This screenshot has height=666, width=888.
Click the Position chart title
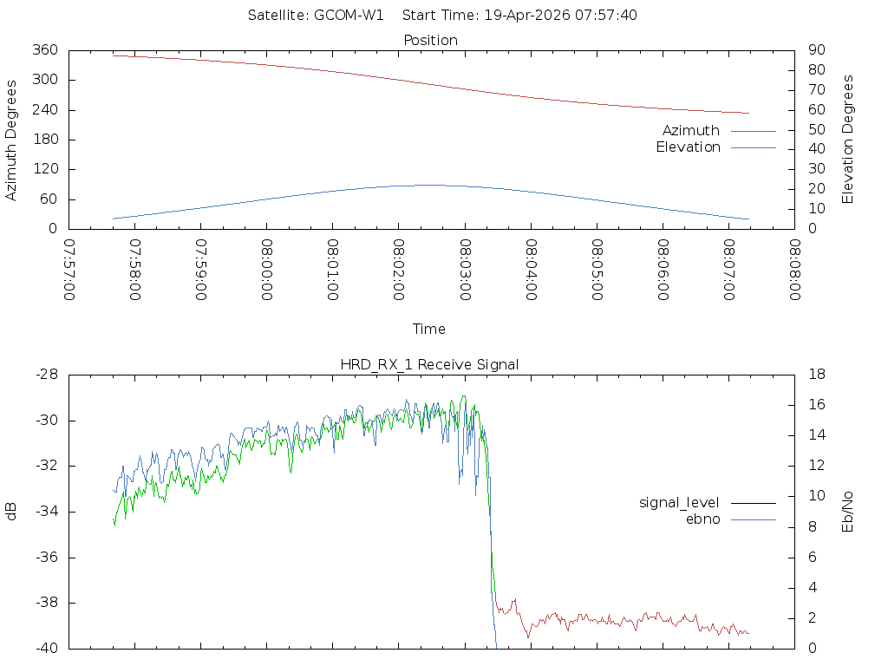430,40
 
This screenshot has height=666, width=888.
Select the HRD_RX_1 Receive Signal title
430,364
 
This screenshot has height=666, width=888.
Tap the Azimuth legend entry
691,131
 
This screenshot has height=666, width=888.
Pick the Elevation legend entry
688,147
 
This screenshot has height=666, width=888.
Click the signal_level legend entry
679,502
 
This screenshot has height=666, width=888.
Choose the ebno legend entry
702,519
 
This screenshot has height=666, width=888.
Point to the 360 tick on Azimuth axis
44,50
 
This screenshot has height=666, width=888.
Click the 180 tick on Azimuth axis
44,140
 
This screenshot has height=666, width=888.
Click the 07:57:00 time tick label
69,271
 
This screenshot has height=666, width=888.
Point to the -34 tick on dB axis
45,512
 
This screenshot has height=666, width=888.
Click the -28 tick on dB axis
45,375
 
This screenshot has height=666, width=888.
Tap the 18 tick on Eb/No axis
817,375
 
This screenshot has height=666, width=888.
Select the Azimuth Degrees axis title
11,140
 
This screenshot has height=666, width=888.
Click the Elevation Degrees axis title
848,140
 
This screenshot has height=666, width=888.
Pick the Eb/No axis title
848,511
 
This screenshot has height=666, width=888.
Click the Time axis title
429,329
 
